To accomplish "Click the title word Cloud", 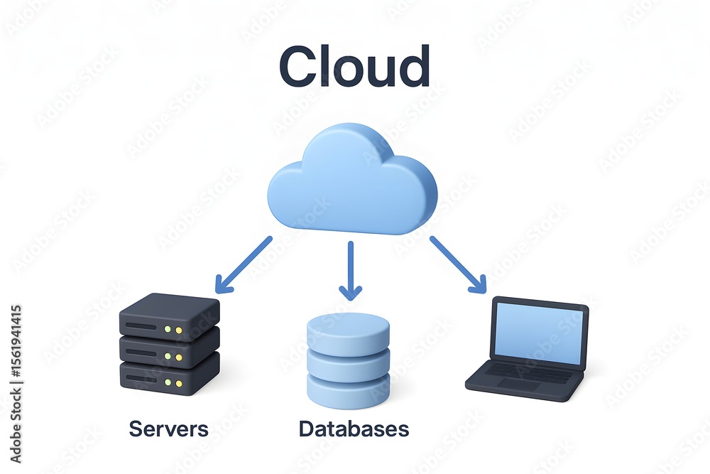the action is click(354, 66).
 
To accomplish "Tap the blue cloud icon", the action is click(352, 178).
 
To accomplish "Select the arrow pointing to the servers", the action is click(243, 264).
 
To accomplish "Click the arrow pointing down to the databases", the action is click(351, 271).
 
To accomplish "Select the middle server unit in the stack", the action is click(170, 349).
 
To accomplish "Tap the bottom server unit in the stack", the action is click(170, 375).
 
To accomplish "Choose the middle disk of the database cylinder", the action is click(348, 361).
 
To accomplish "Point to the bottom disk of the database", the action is click(348, 389).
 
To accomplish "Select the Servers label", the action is click(168, 429).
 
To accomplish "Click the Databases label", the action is click(354, 429).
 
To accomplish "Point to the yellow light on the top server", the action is click(179, 330).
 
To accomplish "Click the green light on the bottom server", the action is click(168, 383).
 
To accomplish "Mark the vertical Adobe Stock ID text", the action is click(16, 384).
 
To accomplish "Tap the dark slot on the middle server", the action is click(141, 352).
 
